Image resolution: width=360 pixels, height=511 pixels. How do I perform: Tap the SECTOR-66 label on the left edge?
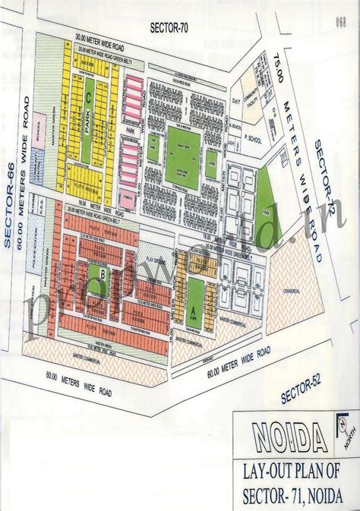(x=11, y=205)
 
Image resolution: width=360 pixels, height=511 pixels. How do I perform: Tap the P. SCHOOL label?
(x=253, y=141)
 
